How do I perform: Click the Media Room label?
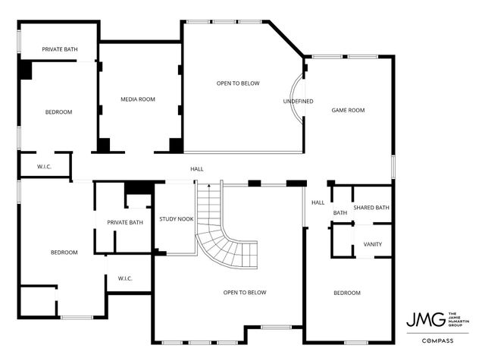pos(137,99)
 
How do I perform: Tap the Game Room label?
pos(348,111)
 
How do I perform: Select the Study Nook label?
pos(176,219)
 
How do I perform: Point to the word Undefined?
pos(298,102)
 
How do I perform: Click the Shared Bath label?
pos(371,208)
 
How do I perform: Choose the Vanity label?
pos(372,244)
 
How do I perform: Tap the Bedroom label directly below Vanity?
pos(347,293)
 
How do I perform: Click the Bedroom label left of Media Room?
pos(58,112)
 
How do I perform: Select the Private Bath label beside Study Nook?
pos(125,222)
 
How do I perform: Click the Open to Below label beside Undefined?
pos(238,83)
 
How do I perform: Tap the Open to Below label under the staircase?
pos(244,292)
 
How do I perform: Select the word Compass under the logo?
pos(438,340)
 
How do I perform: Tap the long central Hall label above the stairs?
pos(196,169)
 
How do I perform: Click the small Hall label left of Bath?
pos(318,202)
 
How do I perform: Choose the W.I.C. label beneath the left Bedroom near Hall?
pos(44,166)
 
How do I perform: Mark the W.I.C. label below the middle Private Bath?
pos(125,279)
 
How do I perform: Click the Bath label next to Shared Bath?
pos(340,213)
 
